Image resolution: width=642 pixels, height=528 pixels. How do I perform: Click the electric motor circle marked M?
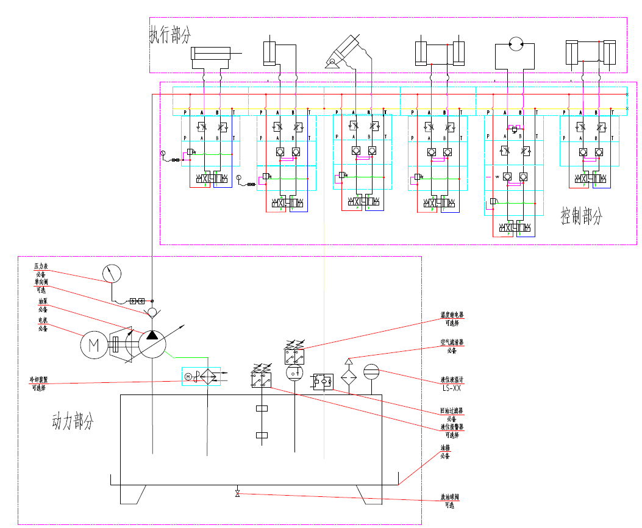(x=95, y=345)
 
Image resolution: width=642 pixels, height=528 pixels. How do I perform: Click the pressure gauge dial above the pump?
(x=111, y=274)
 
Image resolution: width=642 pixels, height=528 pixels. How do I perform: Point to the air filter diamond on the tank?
(x=349, y=375)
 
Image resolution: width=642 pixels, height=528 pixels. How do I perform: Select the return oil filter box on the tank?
(x=323, y=382)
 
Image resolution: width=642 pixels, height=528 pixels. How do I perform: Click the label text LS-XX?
(x=451, y=387)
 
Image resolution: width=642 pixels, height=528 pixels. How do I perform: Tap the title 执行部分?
(x=169, y=35)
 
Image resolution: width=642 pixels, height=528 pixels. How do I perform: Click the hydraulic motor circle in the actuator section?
(x=516, y=43)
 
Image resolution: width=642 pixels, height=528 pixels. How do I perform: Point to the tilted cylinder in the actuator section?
(x=344, y=51)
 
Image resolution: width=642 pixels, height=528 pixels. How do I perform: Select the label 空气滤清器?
(x=452, y=343)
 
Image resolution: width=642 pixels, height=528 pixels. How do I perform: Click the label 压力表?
(x=41, y=266)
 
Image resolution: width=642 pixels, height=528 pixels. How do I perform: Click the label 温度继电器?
(x=452, y=315)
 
